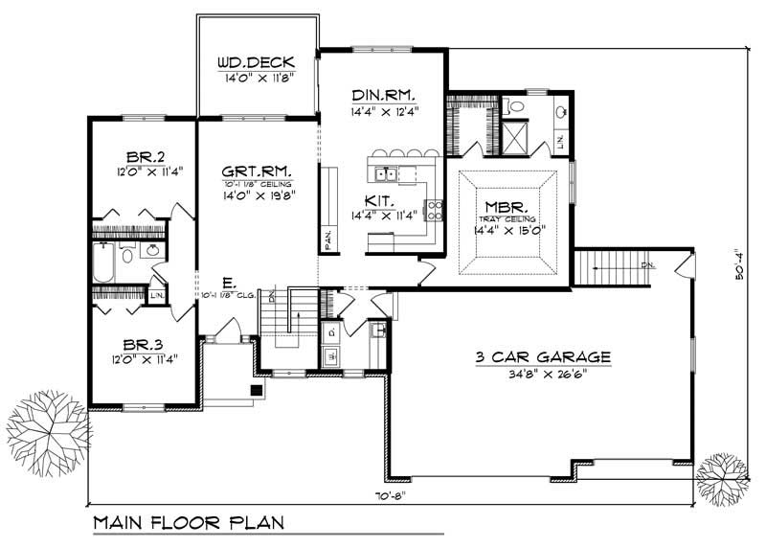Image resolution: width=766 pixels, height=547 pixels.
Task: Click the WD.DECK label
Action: click(255, 63)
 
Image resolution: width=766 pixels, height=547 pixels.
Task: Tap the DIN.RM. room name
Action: click(382, 95)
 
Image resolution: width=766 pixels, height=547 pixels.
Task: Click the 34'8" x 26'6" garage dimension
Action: click(542, 373)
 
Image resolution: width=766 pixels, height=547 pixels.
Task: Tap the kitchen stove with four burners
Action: click(435, 209)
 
